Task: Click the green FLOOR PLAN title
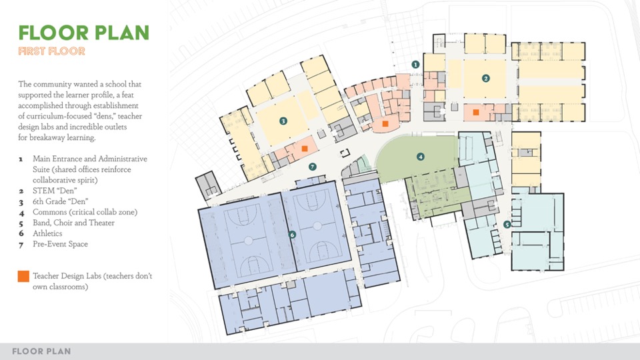coord(84,33)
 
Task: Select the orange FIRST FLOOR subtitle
coord(52,51)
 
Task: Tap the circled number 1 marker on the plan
coord(415,65)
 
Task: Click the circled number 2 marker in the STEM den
coord(486,79)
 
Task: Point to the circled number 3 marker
coord(283,121)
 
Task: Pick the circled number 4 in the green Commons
coord(421,156)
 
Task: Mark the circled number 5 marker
coord(507,225)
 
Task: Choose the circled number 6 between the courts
coord(292,235)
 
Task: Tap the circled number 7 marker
coord(313,167)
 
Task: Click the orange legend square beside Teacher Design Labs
coord(23,276)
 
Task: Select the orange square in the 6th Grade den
coord(305,149)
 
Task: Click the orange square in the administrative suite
coord(385,124)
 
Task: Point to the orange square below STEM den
coord(476,112)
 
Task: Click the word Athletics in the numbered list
coord(47,233)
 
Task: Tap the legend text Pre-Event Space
coord(61,244)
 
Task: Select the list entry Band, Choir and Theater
coord(73,223)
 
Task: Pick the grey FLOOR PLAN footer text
coord(41,351)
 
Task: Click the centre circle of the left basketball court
coord(248,241)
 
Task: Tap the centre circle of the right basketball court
coord(317,226)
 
